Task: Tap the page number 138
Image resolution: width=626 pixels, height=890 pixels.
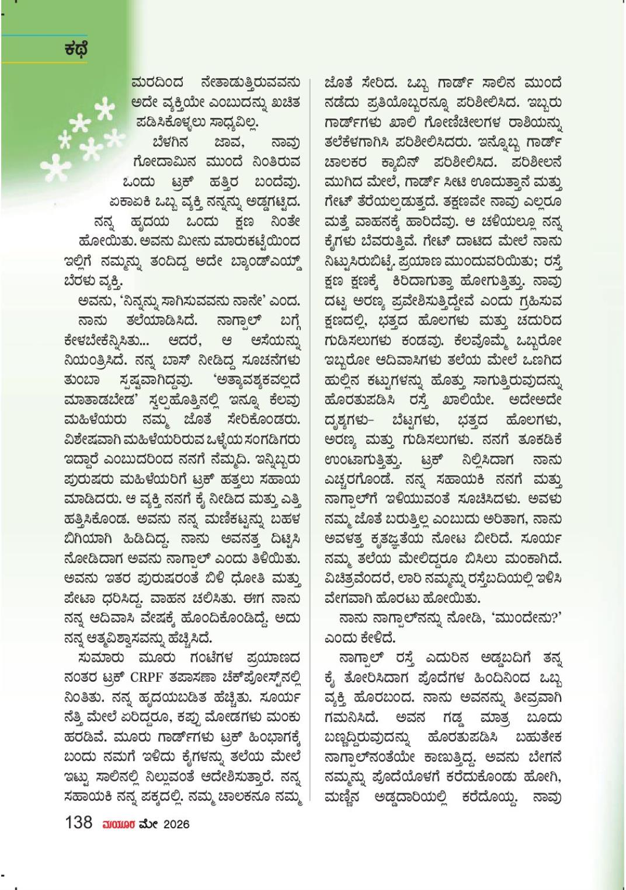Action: click(79, 822)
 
